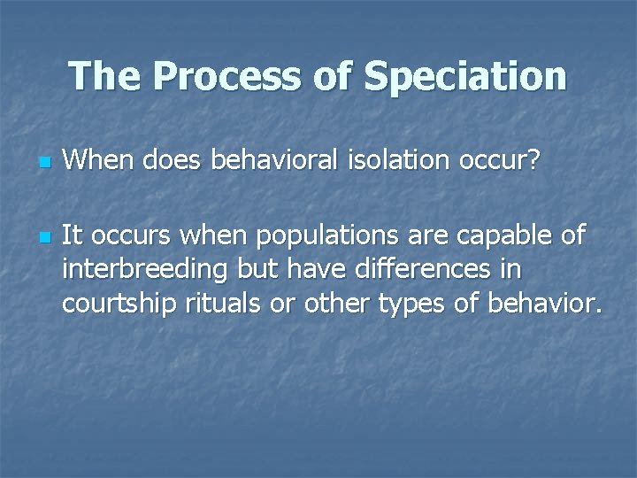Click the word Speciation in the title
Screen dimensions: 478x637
465,76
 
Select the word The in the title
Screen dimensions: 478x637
106,76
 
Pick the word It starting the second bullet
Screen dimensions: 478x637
73,235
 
